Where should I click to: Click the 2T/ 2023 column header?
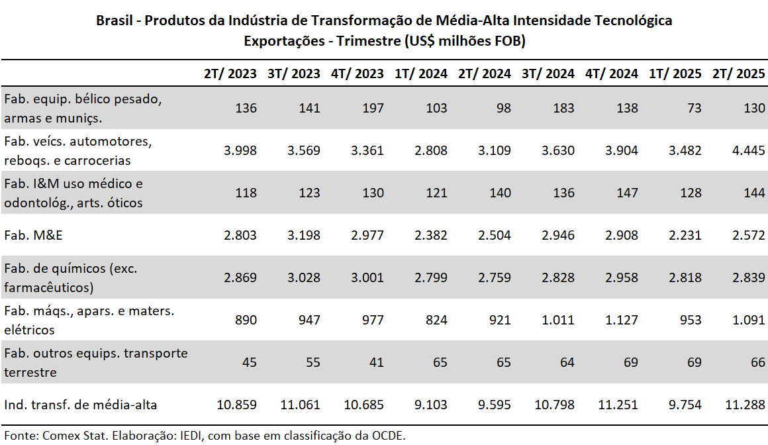(x=230, y=74)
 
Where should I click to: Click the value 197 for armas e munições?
(x=373, y=108)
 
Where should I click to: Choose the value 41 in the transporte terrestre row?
(x=375, y=362)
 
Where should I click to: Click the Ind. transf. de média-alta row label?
(x=81, y=405)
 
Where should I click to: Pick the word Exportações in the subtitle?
(x=283, y=41)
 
